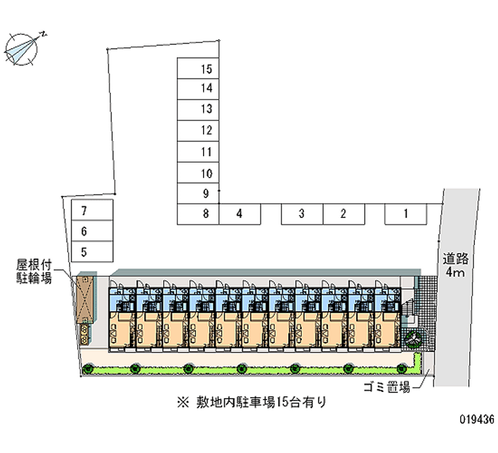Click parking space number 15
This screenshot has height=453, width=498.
(198, 69)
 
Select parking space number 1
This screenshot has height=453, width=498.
(406, 214)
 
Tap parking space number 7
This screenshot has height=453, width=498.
(92, 210)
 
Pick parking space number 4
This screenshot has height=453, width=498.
(240, 214)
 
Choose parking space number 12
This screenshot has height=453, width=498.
(198, 131)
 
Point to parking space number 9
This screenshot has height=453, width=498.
(198, 193)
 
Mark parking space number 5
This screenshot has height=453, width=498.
(92, 252)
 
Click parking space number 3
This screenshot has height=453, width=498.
(302, 214)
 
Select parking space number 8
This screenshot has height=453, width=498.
(198, 214)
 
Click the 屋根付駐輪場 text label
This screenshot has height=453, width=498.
(34, 271)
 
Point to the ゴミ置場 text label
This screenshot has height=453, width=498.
(387, 387)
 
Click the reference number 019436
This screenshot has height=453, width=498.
(477, 419)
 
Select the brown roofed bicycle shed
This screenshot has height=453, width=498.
(85, 300)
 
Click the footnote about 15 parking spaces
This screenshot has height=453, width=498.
(251, 403)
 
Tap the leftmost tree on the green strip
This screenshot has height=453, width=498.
(87, 369)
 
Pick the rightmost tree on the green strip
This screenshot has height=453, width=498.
(402, 369)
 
